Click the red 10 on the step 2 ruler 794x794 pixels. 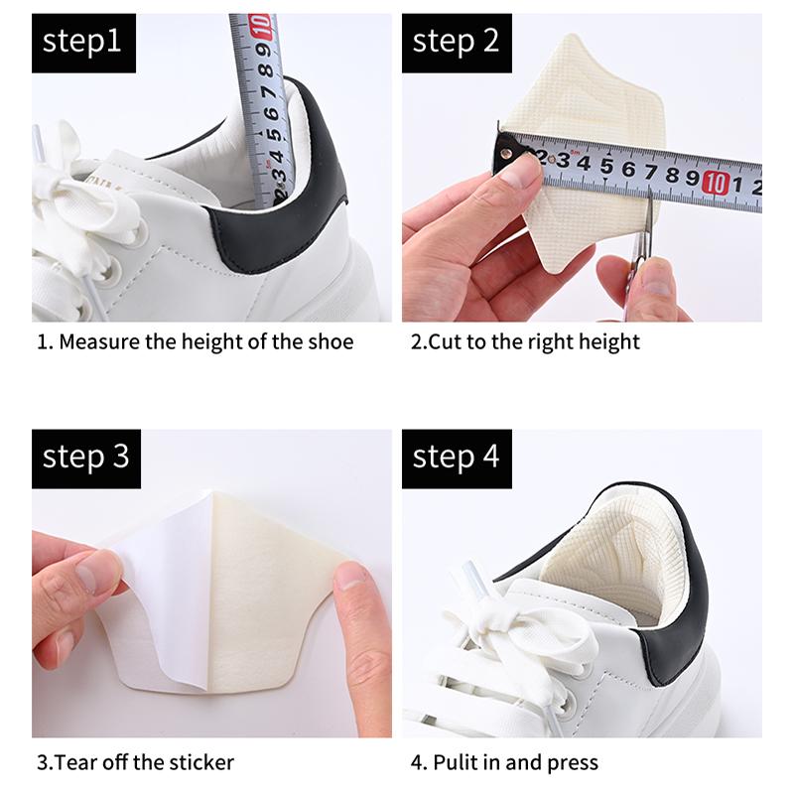click(715, 182)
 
